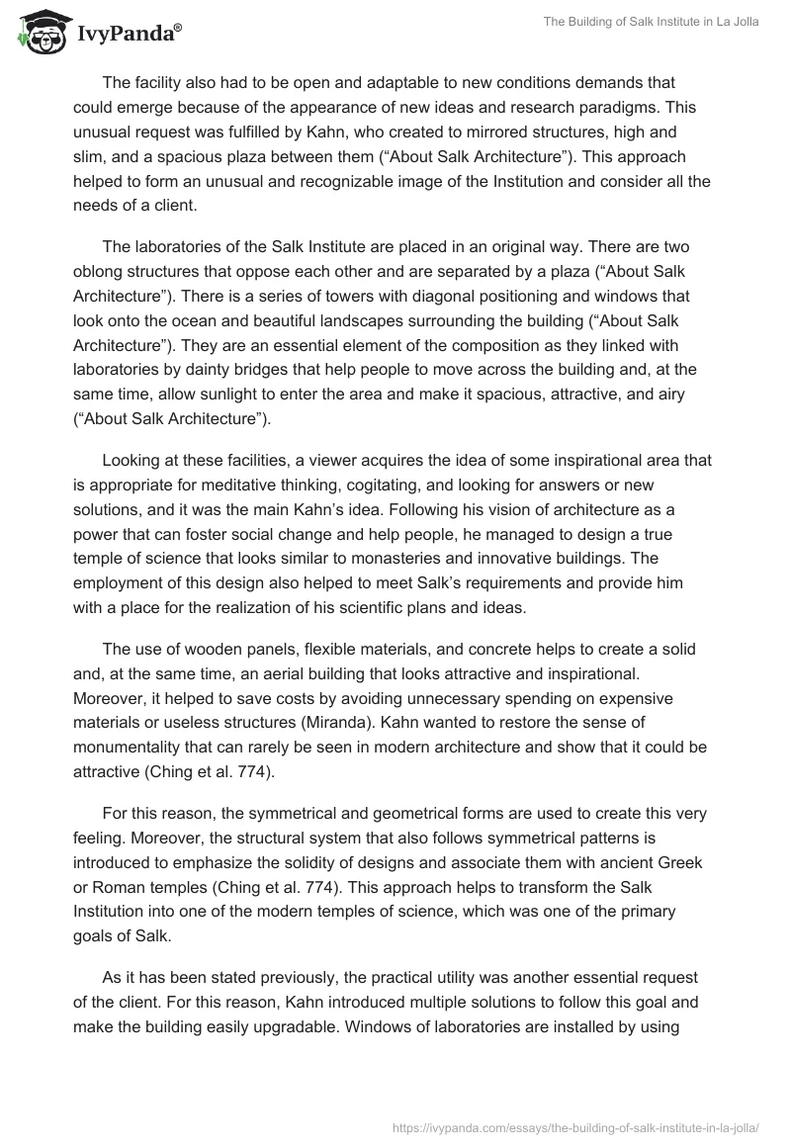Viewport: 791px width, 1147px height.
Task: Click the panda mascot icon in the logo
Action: [x=40, y=33]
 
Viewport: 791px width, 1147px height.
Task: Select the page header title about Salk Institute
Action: [x=651, y=23]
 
